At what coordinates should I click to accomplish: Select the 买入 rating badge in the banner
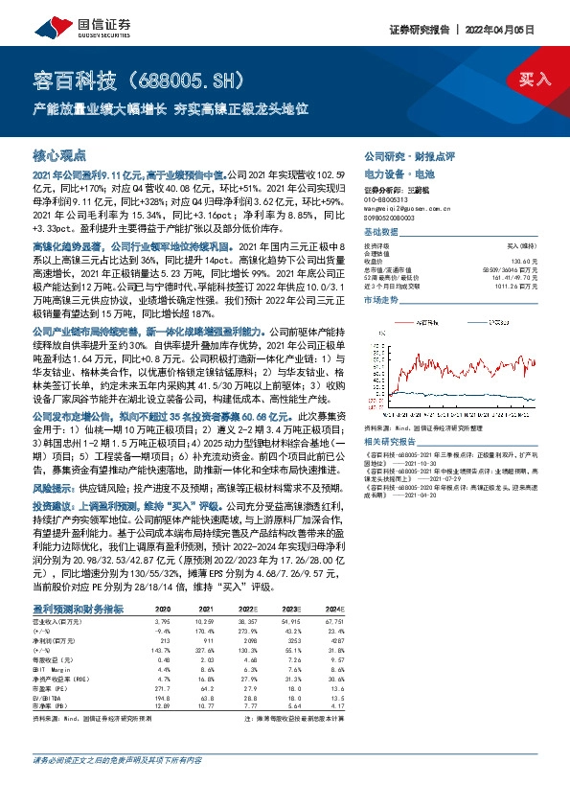pos(535,80)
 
